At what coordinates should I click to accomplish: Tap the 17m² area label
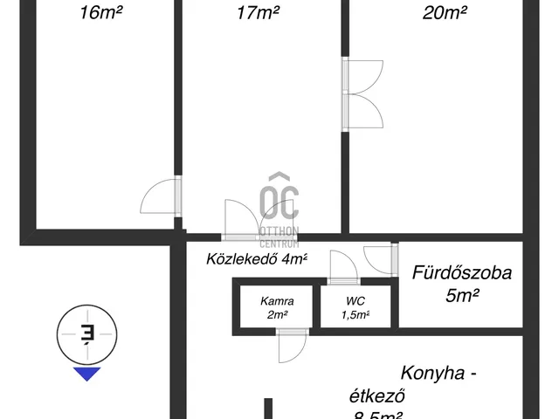click(x=258, y=12)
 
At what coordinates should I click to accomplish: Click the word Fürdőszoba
click(x=461, y=272)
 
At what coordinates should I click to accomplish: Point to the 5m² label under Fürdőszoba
click(x=460, y=295)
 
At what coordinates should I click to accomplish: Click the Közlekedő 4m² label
click(x=257, y=259)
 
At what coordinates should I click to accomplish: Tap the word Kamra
click(x=277, y=300)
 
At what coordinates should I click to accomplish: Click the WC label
click(x=356, y=300)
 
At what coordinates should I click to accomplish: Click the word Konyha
click(x=438, y=373)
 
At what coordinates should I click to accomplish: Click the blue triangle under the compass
click(x=87, y=374)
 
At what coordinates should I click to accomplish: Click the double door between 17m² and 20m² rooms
click(x=362, y=94)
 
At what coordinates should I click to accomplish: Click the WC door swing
click(x=340, y=264)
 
